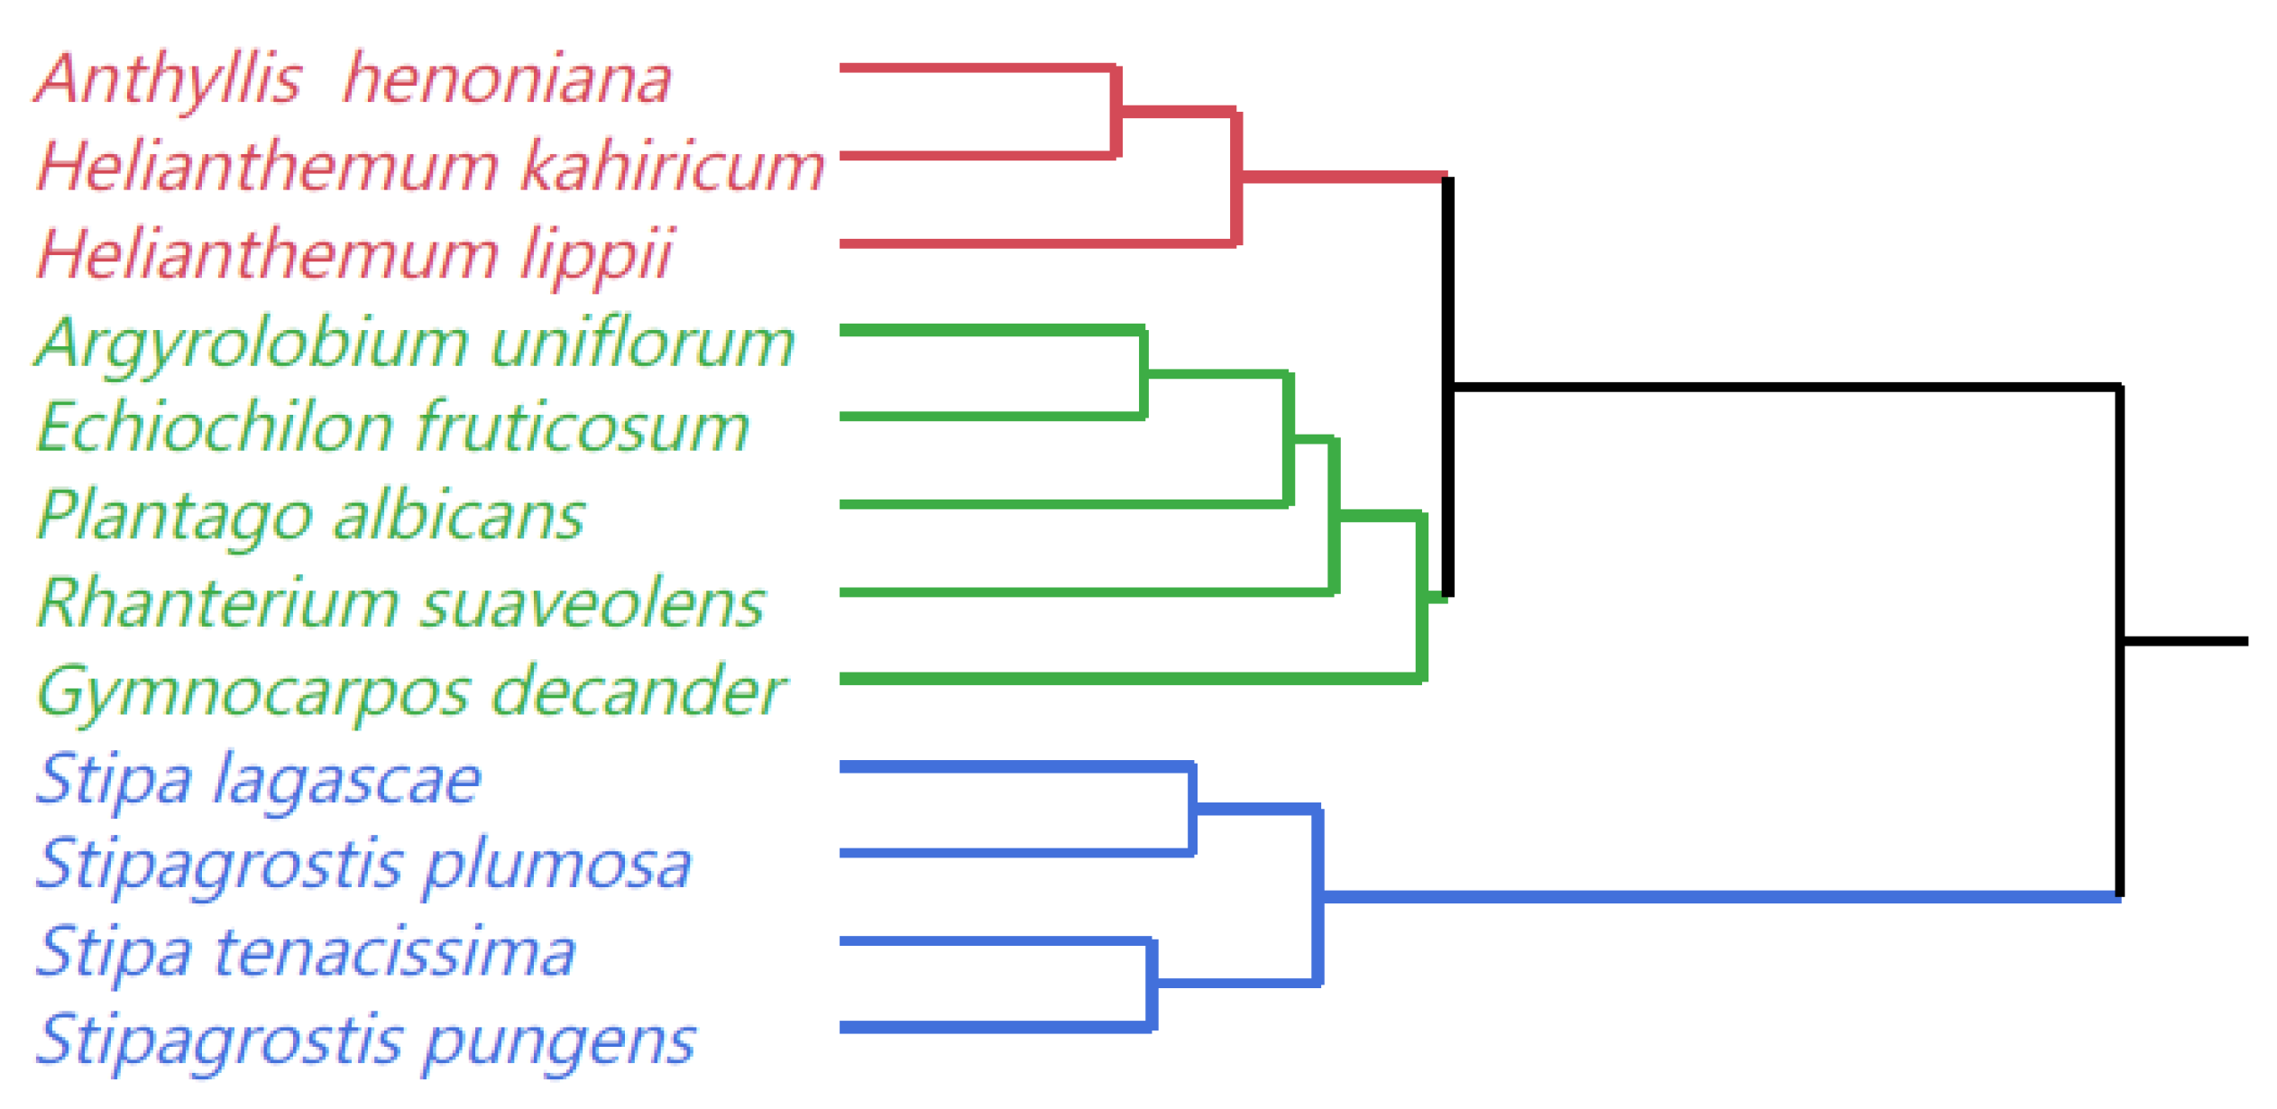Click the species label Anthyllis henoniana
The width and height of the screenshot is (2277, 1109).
coord(352,79)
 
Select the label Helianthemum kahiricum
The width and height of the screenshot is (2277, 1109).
coord(430,167)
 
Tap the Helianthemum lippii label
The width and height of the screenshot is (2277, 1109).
coord(354,254)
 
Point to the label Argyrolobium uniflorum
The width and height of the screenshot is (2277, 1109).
coord(415,344)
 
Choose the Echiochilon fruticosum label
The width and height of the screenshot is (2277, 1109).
coord(393,427)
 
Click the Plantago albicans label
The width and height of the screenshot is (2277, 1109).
coord(311,516)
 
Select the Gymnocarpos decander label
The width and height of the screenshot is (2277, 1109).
coord(411,692)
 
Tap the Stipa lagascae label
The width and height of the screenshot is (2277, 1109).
coord(258,779)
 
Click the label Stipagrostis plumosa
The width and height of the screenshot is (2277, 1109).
coord(363,865)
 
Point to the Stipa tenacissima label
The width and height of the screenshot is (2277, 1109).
coord(306,952)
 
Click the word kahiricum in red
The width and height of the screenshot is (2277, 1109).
coord(673,167)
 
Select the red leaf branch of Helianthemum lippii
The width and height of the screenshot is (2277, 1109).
coord(1037,243)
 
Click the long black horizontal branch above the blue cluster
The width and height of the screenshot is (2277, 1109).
coord(1786,387)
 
